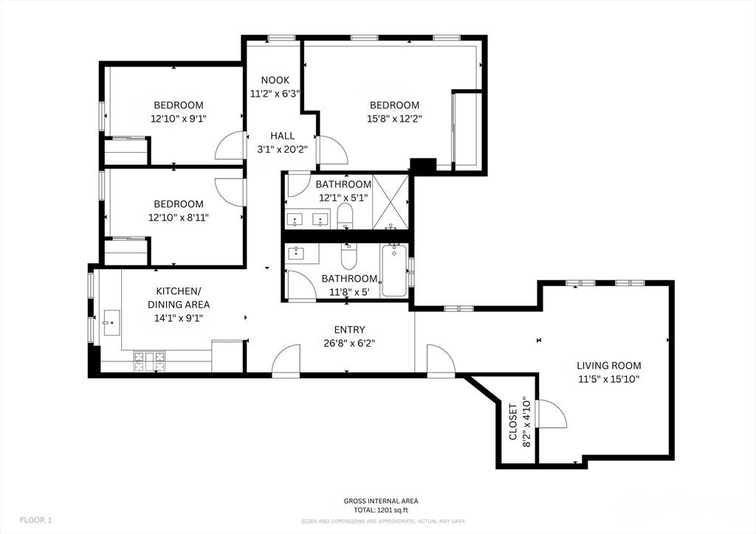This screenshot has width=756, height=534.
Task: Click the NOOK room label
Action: coord(275,80)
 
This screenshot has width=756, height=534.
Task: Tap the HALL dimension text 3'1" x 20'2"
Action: coord(282,150)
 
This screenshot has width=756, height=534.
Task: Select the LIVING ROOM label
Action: coord(609,366)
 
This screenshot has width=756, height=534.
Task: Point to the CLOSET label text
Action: coord(513,422)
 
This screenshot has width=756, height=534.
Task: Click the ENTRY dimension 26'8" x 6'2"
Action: coord(349,343)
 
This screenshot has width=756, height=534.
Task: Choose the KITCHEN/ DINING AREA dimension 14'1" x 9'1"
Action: coord(179,318)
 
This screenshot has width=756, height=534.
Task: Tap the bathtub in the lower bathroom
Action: coord(394,271)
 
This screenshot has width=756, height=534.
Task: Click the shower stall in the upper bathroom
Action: coord(390,202)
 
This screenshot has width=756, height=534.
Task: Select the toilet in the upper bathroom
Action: coord(345,216)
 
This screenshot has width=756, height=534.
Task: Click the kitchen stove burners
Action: coord(149,361)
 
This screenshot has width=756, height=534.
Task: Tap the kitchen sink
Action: coord(111,322)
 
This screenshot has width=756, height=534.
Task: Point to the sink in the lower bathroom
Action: coord(295,253)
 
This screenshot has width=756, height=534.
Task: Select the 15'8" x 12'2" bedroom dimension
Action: coord(394,119)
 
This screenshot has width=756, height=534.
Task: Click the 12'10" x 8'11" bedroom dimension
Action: coord(179,217)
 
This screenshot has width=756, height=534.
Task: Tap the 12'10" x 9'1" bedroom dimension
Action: coord(179,119)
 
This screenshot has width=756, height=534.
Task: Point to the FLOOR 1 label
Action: coord(35,520)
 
